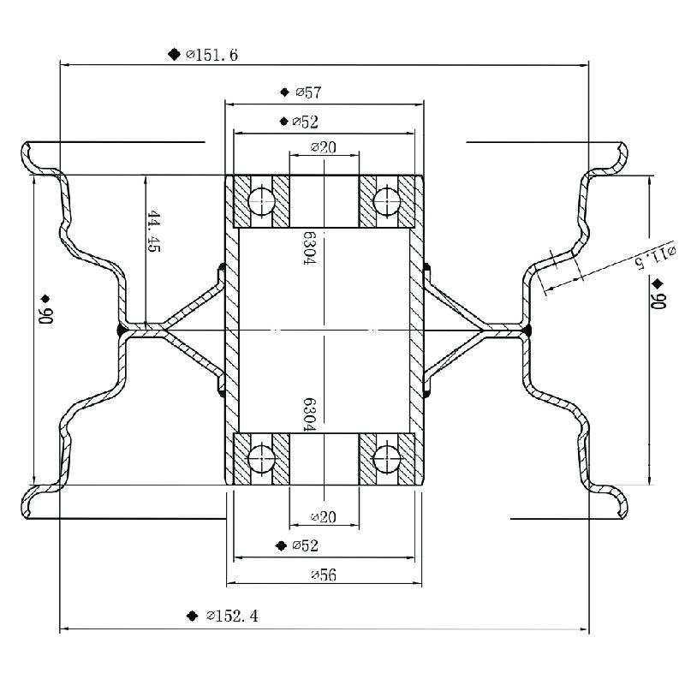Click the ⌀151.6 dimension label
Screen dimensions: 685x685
(x=211, y=55)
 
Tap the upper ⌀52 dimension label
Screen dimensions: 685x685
(x=306, y=122)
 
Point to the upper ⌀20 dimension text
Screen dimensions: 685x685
(x=323, y=147)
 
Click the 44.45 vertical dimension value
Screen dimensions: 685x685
(x=154, y=231)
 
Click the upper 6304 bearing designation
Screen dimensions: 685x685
(x=309, y=248)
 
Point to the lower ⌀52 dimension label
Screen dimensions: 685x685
(x=305, y=545)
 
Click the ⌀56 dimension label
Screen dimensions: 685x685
(x=323, y=575)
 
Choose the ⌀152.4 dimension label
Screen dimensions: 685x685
(x=232, y=616)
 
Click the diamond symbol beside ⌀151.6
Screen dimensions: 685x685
(x=174, y=55)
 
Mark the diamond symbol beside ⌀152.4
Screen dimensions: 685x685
(x=193, y=616)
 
